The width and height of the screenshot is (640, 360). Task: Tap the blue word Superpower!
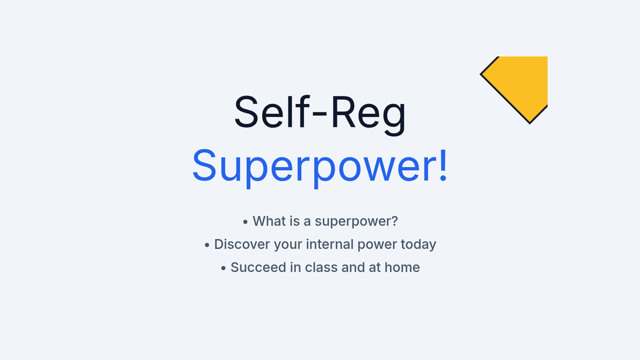[319, 167]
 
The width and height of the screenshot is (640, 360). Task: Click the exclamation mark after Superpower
[443, 165]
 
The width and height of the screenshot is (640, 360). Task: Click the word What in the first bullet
[269, 221]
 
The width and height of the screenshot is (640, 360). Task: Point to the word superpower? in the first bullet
[356, 222]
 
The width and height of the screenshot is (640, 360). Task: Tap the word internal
[330, 244]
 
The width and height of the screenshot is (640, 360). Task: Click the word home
[402, 267]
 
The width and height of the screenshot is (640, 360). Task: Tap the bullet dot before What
[245, 222]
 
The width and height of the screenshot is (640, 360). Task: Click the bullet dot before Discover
[207, 245]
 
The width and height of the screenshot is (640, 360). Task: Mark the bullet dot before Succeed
[223, 268]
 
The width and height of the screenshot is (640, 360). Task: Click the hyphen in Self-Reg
[319, 114]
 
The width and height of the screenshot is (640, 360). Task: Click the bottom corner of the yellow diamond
[530, 124]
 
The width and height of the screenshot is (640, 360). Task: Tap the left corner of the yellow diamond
[481, 74]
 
